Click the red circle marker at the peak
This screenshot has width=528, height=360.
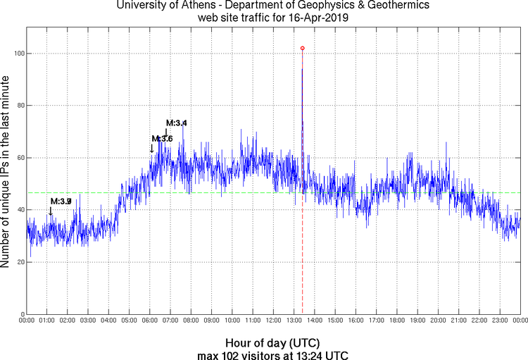point(302,48)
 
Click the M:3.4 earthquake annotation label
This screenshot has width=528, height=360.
point(176,123)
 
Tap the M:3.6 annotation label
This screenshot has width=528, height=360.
point(162,138)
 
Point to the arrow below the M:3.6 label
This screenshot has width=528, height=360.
point(152,148)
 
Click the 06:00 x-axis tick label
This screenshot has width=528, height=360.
point(150,321)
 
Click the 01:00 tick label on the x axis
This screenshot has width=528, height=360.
point(46,321)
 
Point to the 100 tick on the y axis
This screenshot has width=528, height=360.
point(17,54)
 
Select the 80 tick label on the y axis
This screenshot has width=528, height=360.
point(18,106)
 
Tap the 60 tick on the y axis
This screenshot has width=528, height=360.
point(18,158)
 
